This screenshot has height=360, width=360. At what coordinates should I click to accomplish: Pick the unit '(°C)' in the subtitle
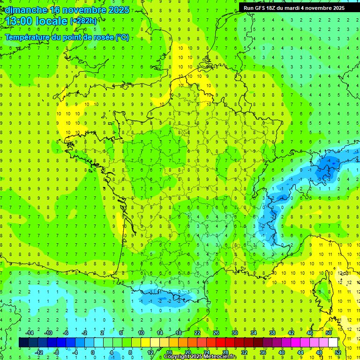122,37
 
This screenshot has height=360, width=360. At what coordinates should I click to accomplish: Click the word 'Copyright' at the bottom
177,357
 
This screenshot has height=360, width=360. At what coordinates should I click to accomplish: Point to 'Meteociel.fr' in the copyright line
221,357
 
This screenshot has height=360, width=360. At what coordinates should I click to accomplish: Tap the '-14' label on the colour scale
29,333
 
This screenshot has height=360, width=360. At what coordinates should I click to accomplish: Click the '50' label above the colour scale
328,333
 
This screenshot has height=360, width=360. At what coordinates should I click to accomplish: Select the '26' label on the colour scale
216,333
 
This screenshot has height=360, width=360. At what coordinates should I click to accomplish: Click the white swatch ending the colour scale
333,343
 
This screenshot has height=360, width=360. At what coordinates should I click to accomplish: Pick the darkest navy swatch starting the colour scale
23,343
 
